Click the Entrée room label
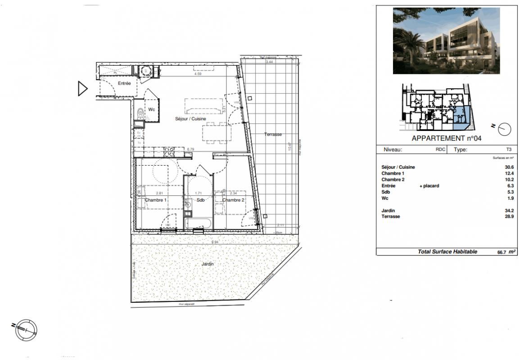pos(125,84)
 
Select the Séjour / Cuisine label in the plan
pos(190,119)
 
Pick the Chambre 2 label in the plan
pos(233,200)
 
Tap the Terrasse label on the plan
pos(273,135)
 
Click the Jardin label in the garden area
pos(208,264)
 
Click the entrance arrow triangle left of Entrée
pos(82,89)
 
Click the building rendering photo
pos(446,40)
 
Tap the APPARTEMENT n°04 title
pos(447,139)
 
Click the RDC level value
pos(440,150)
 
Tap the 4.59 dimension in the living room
pos(198,74)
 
